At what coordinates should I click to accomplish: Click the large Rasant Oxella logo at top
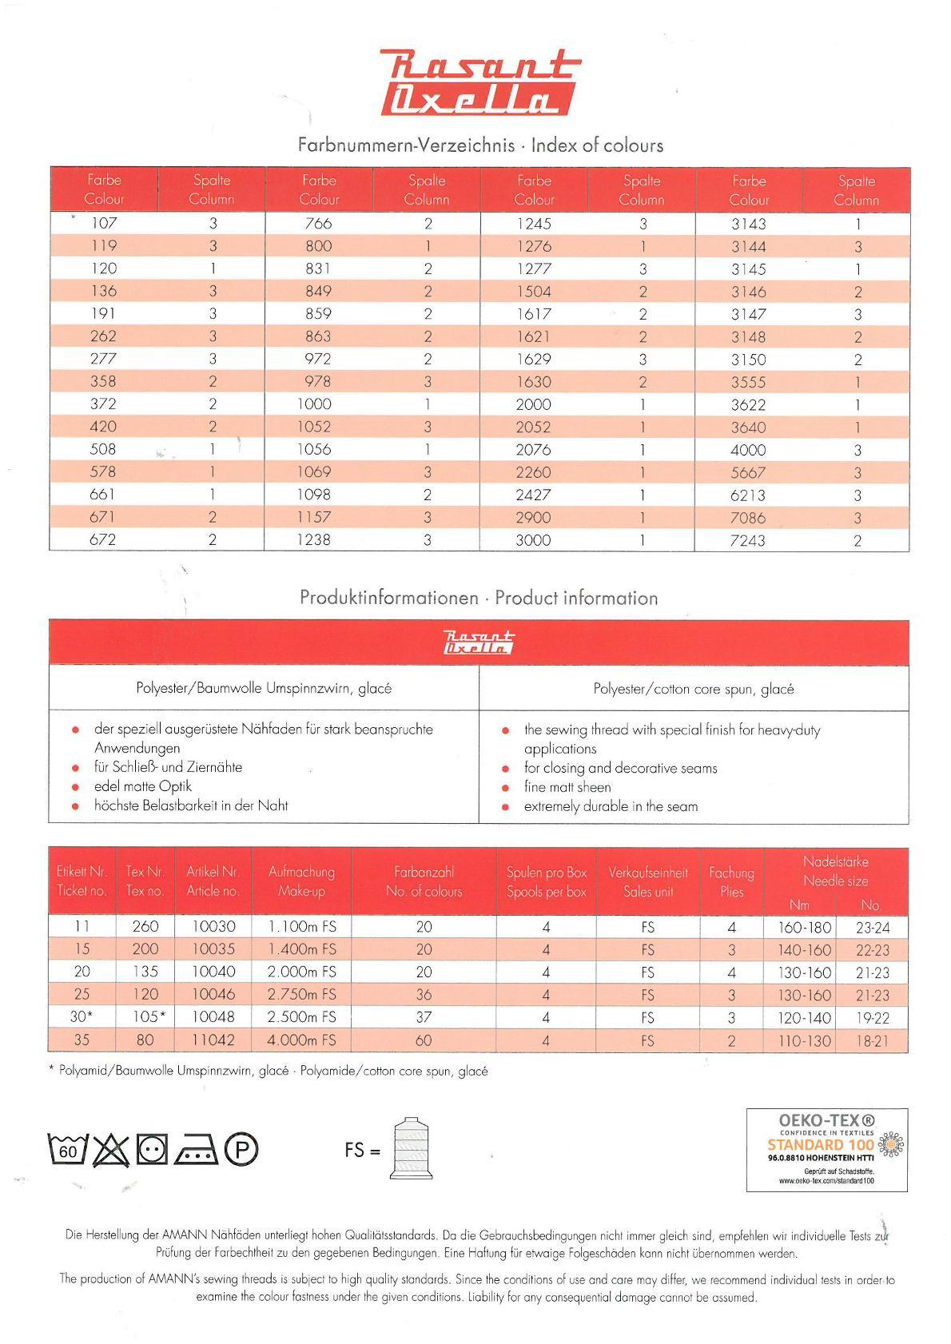(x=476, y=83)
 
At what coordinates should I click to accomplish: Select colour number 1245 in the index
(x=533, y=225)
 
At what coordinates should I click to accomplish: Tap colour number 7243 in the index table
(x=748, y=540)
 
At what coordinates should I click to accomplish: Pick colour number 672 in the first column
(x=103, y=540)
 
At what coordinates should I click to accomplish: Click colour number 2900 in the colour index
(x=533, y=518)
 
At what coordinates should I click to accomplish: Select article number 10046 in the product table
(x=213, y=995)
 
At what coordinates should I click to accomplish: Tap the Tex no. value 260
(x=145, y=927)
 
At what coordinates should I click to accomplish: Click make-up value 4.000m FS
(x=301, y=1040)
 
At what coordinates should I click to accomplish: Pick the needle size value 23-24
(x=872, y=928)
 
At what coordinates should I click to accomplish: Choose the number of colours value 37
(x=424, y=1017)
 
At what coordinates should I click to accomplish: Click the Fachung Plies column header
(x=731, y=882)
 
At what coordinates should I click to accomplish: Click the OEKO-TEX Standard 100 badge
(x=827, y=1149)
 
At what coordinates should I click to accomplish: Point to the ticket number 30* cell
(x=82, y=1017)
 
